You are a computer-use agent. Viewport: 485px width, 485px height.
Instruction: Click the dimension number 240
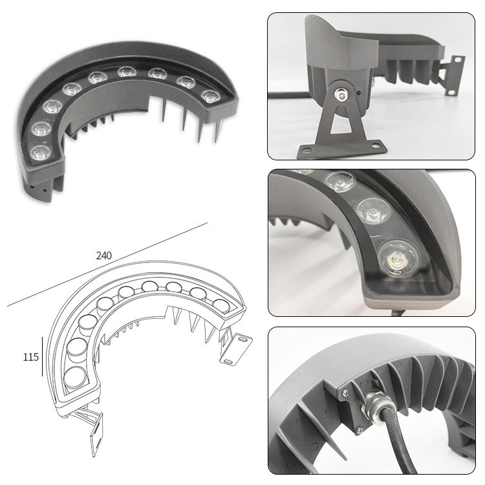click(103, 255)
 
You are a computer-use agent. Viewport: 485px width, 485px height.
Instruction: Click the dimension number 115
click(30, 357)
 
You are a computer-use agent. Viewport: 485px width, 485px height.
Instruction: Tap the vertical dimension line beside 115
click(42, 356)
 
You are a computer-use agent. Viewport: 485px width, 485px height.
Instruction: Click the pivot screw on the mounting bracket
click(341, 94)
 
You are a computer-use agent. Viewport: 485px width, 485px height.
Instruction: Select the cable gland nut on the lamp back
click(376, 407)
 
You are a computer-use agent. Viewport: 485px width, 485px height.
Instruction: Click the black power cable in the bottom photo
click(399, 443)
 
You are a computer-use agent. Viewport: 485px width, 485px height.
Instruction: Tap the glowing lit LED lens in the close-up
click(398, 257)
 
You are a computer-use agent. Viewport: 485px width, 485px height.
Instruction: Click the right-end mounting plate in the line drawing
click(235, 349)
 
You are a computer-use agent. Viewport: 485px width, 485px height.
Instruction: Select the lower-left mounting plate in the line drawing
click(96, 434)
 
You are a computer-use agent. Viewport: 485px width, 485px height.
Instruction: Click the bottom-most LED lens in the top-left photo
click(41, 152)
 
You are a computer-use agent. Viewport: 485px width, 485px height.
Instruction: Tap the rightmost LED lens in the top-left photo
click(211, 96)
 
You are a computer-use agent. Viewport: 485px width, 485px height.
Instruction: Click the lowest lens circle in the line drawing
click(75, 377)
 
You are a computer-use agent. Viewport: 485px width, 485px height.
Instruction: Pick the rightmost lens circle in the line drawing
click(221, 306)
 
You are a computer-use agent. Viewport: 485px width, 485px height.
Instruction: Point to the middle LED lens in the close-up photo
click(373, 210)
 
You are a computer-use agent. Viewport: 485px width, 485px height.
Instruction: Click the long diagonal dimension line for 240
click(107, 264)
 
